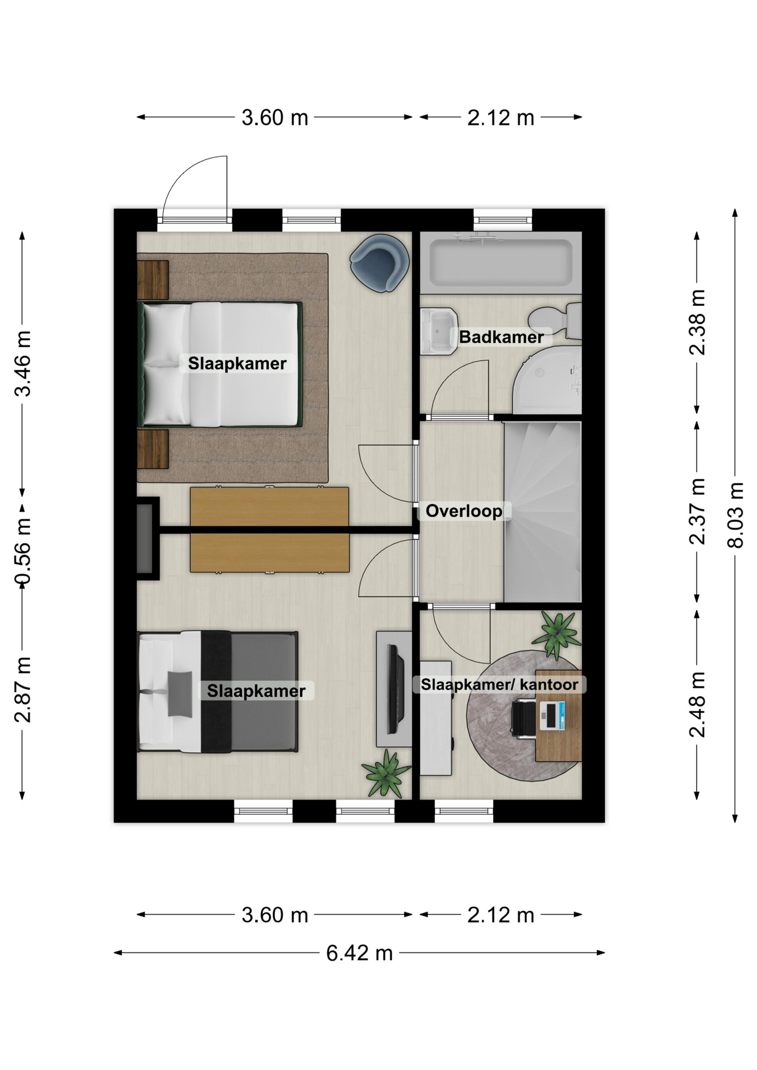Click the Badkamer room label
[501, 337]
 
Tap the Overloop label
[464, 510]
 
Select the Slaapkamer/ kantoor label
[499, 684]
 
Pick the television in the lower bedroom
[396, 689]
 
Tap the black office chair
[524, 719]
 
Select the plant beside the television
[386, 774]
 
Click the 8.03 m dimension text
[736, 515]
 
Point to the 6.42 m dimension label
[360, 953]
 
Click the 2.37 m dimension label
[697, 511]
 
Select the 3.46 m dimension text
[23, 363]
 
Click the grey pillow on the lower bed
[179, 693]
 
